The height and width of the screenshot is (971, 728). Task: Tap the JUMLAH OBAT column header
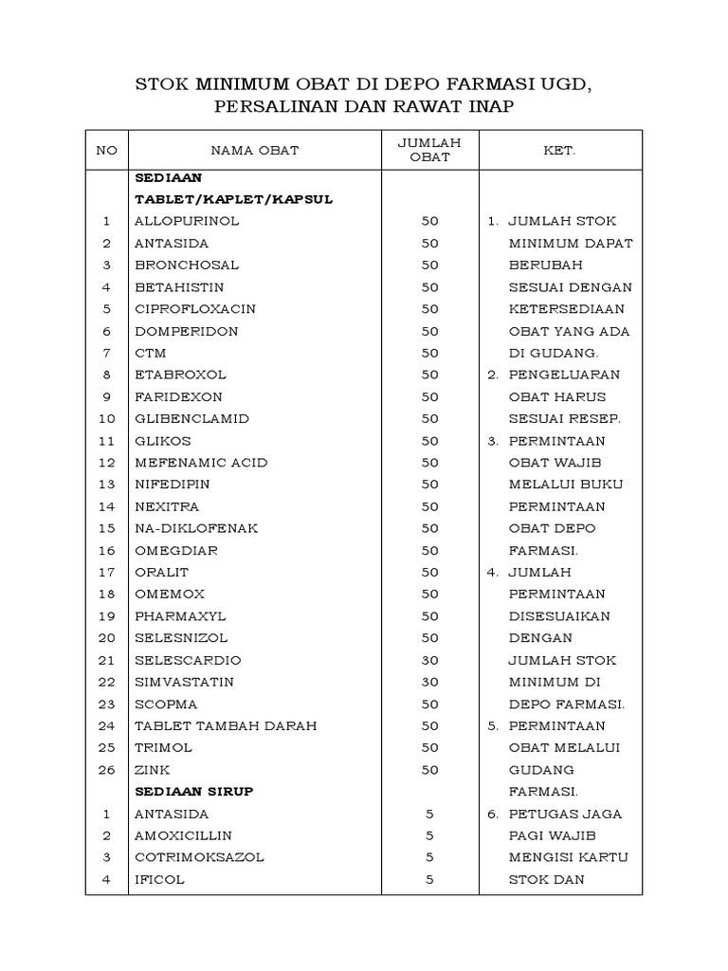click(429, 150)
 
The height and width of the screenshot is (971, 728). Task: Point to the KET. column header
click(560, 150)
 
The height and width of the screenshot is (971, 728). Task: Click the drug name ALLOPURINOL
click(187, 221)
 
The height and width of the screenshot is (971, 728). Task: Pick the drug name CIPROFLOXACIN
click(195, 309)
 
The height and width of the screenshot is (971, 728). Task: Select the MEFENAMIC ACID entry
click(201, 463)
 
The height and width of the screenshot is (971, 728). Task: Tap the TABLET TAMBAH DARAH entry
click(226, 726)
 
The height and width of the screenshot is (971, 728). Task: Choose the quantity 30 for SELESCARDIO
click(429, 660)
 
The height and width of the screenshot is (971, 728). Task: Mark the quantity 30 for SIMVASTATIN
click(429, 683)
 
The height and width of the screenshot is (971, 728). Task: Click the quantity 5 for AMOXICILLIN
click(429, 835)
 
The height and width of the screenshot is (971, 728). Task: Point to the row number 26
click(107, 770)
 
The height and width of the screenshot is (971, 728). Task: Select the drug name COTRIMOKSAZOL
click(199, 857)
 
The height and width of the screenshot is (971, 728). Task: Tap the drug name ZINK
click(152, 770)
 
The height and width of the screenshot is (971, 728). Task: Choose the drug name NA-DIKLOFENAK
click(195, 528)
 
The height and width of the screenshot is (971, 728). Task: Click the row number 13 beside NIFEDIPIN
click(107, 485)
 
